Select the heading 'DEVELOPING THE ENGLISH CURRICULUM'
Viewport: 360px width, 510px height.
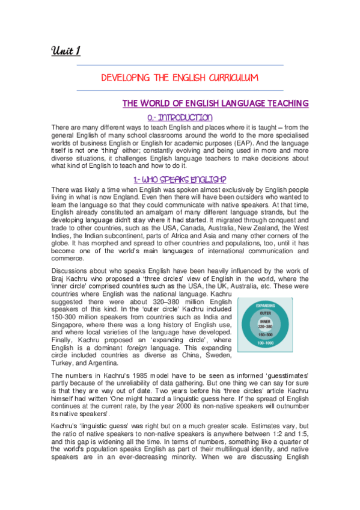180,78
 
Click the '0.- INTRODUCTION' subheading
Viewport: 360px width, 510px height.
180,117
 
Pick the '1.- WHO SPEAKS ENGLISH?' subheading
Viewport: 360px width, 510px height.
180,180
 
